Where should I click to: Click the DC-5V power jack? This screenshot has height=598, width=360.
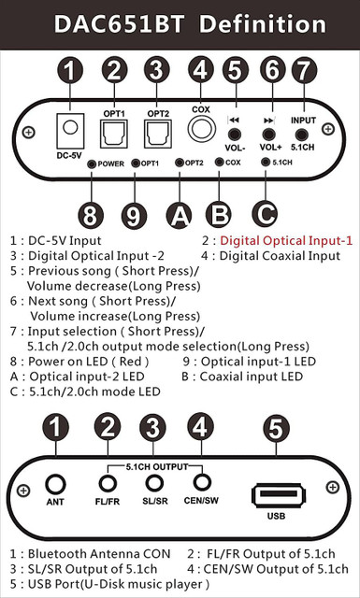coord(70,131)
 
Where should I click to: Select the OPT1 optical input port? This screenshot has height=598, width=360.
coord(114,134)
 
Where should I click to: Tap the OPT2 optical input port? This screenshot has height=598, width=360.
coord(158,134)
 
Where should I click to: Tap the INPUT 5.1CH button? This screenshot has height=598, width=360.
coord(303,135)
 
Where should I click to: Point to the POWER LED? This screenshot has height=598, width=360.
coord(92,164)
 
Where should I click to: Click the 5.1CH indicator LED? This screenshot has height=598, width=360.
coord(266,162)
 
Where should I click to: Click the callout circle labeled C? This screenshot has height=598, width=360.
coord(265,214)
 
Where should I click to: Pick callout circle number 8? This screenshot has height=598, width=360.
coord(91,216)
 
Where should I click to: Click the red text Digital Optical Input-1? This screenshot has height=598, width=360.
coord(286,241)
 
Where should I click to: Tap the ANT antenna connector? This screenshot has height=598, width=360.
coord(55,485)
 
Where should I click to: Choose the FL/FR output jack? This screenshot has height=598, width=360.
coord(108,484)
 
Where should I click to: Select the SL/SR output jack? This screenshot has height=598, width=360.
coord(154,483)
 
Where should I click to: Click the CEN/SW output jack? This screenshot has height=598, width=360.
coord(202,482)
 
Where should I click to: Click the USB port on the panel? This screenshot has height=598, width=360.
coord(279,494)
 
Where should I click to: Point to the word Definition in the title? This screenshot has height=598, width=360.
coord(263,25)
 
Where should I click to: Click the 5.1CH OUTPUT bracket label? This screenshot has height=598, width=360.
coord(157,467)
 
